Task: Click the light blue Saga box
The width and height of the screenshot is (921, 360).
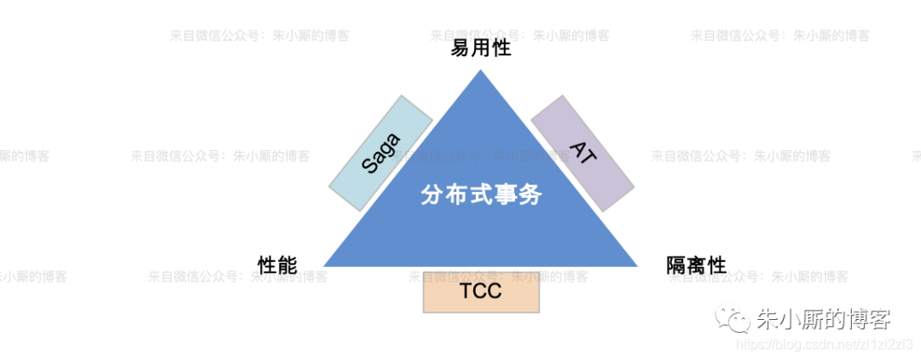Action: [x=380, y=152]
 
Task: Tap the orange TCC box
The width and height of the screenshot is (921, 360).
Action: [x=481, y=292]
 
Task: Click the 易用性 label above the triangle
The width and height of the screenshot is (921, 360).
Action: [x=481, y=48]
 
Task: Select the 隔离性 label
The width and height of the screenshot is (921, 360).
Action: [x=696, y=265]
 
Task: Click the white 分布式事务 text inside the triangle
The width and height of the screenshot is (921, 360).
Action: [x=481, y=195]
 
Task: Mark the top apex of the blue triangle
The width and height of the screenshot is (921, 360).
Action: [x=481, y=70]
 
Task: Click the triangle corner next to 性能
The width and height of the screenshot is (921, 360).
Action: [x=325, y=264]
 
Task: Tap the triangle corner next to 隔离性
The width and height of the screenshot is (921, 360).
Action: [x=637, y=264]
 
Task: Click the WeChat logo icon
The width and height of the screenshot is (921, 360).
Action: [x=733, y=320]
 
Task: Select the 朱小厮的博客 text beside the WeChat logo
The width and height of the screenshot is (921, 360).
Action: [x=823, y=320]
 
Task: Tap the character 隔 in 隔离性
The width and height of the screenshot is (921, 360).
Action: [x=676, y=265]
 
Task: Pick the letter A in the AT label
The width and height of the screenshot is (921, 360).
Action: [x=577, y=148]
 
